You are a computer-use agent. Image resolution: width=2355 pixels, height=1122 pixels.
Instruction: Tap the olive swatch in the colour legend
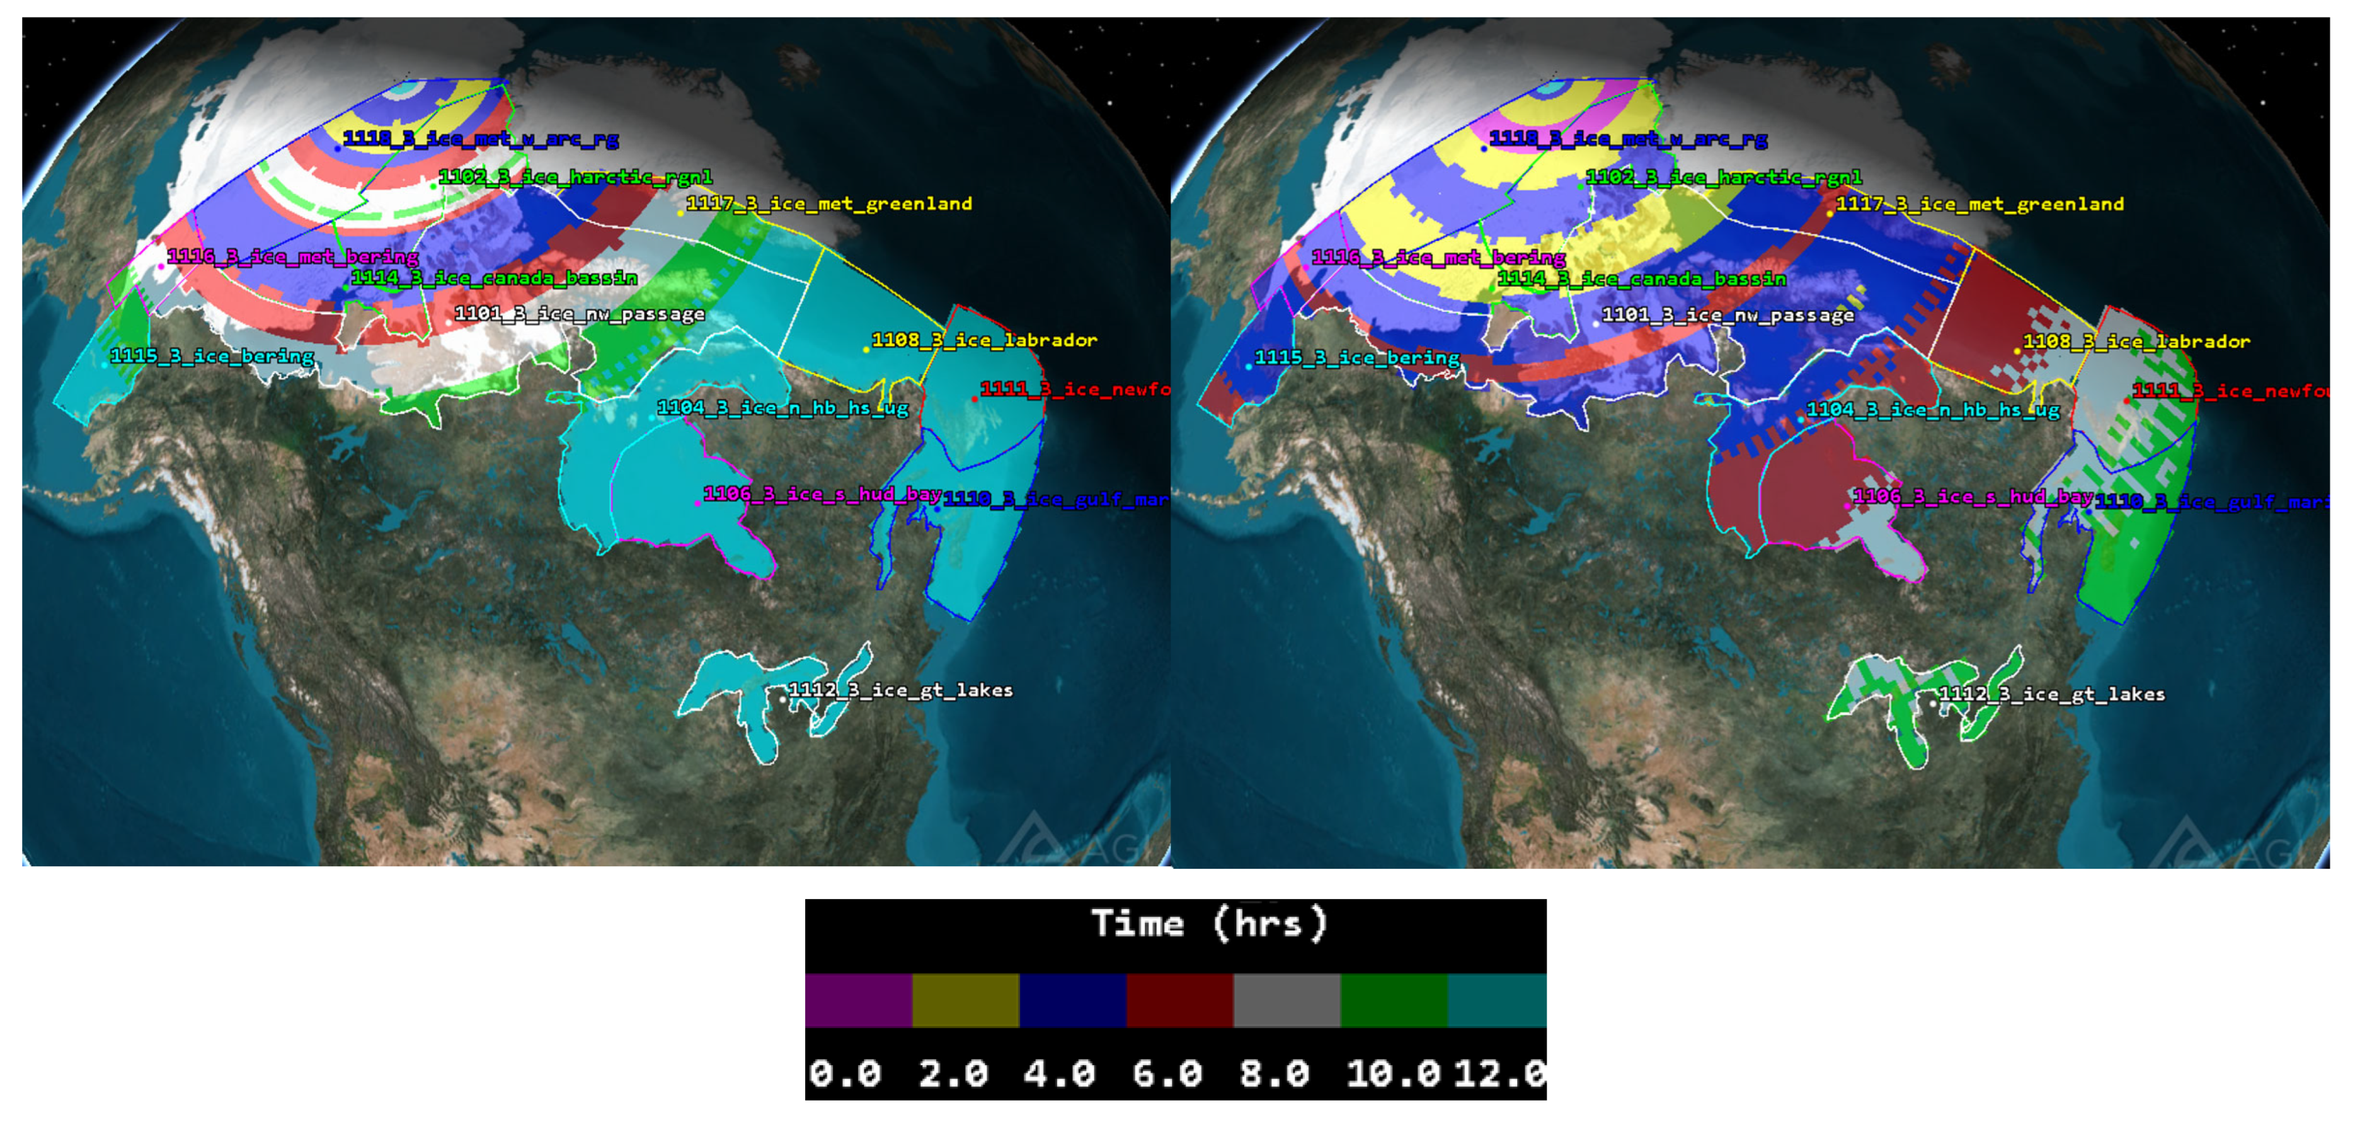(965, 1000)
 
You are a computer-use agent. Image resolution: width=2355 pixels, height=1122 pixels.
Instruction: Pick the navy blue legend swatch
(1072, 1000)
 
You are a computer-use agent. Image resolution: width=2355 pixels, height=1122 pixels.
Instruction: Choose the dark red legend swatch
(1179, 1000)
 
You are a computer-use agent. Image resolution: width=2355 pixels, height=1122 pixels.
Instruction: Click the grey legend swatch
(1286, 1000)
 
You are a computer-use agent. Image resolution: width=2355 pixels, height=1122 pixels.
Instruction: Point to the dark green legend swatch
(1393, 1000)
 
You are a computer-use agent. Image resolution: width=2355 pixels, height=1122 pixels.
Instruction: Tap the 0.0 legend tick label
(845, 1073)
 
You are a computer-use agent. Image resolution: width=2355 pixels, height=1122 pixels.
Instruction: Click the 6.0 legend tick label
(1167, 1073)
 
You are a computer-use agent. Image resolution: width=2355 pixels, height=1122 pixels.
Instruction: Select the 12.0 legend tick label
(1499, 1073)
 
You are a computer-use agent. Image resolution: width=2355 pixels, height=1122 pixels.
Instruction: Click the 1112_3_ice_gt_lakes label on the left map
(900, 690)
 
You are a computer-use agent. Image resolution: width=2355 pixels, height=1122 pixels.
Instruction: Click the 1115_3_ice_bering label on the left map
(212, 356)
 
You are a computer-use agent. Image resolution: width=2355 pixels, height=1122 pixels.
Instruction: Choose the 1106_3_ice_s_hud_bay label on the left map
(823, 494)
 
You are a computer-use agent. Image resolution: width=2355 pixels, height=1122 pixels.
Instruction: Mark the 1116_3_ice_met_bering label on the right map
(1439, 258)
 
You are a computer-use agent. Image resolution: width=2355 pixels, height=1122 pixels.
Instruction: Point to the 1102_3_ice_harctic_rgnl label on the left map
(576, 176)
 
